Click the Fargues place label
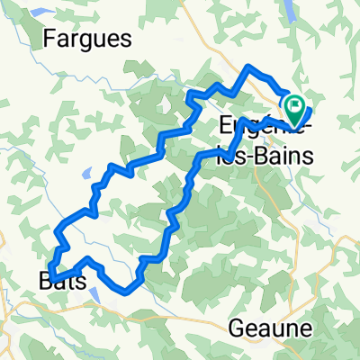point(86,40)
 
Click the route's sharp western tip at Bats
point(51,275)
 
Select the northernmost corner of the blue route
point(249,67)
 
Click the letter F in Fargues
point(49,40)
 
